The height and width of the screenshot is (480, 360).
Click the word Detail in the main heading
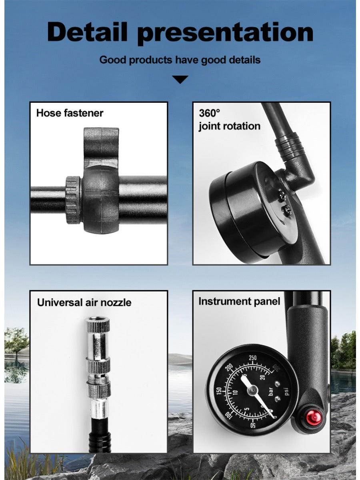tap(87, 32)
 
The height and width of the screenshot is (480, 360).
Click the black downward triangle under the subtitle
tap(180, 79)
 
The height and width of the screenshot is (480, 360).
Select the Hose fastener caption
tap(70, 113)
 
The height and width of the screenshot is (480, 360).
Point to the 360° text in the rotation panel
tap(209, 113)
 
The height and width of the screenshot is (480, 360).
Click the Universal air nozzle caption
tap(84, 302)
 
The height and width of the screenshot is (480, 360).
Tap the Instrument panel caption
tap(239, 301)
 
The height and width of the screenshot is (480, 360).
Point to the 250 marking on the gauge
tap(252, 358)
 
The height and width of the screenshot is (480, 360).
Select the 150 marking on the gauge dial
tap(218, 392)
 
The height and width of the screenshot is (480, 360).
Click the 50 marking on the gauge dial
tap(253, 425)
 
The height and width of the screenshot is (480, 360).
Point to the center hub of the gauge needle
tap(252, 390)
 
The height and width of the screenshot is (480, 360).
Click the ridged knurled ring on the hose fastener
tap(73, 200)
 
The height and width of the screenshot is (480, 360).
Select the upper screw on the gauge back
tap(282, 195)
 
